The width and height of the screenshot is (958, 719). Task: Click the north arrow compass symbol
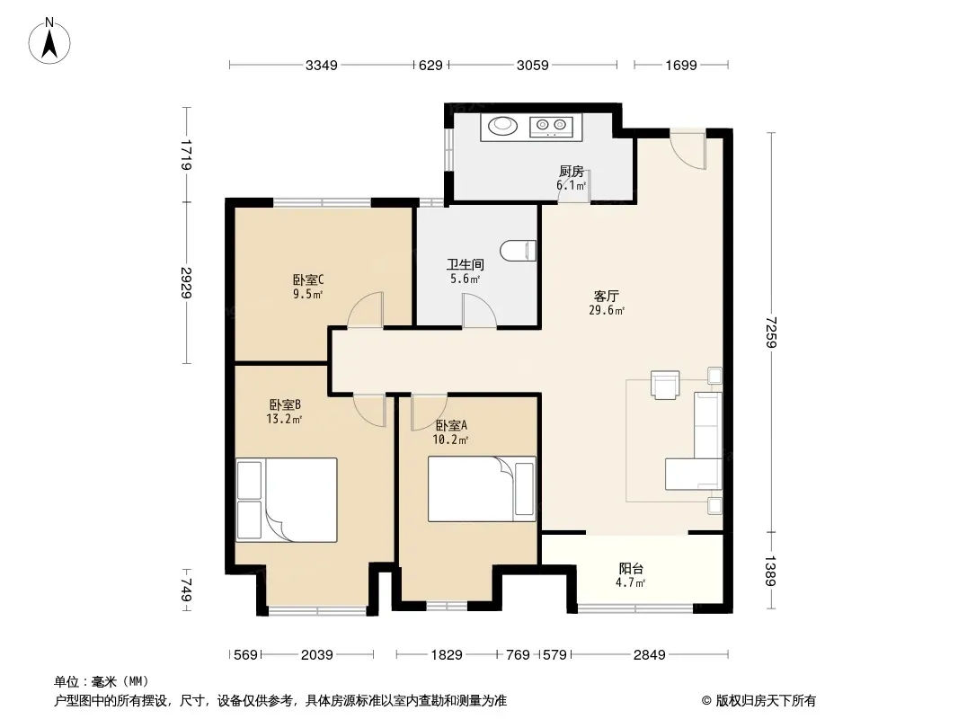click(x=49, y=41)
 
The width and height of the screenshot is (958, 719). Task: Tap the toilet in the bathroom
click(x=519, y=251)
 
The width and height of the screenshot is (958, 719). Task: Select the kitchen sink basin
click(x=502, y=125)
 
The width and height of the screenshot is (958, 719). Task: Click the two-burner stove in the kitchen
click(x=551, y=126)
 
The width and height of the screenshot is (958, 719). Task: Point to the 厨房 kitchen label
click(x=572, y=171)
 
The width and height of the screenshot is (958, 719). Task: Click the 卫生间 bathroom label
click(x=465, y=264)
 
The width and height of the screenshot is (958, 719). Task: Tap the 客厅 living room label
click(x=606, y=297)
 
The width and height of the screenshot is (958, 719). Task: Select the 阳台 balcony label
click(x=631, y=569)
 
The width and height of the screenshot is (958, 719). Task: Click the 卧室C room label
click(x=308, y=280)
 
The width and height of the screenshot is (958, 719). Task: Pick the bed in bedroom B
click(x=287, y=500)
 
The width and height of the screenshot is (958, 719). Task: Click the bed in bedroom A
click(x=482, y=489)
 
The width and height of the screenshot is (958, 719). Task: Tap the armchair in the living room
click(x=665, y=385)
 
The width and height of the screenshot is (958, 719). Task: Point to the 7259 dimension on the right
click(x=771, y=332)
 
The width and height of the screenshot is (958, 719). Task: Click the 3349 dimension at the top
click(x=322, y=65)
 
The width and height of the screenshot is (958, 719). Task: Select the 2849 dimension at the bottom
click(x=649, y=655)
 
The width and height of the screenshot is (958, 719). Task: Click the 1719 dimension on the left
click(x=186, y=155)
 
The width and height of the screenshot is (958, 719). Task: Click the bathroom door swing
click(x=479, y=311)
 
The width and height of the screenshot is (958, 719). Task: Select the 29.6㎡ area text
click(x=607, y=310)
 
